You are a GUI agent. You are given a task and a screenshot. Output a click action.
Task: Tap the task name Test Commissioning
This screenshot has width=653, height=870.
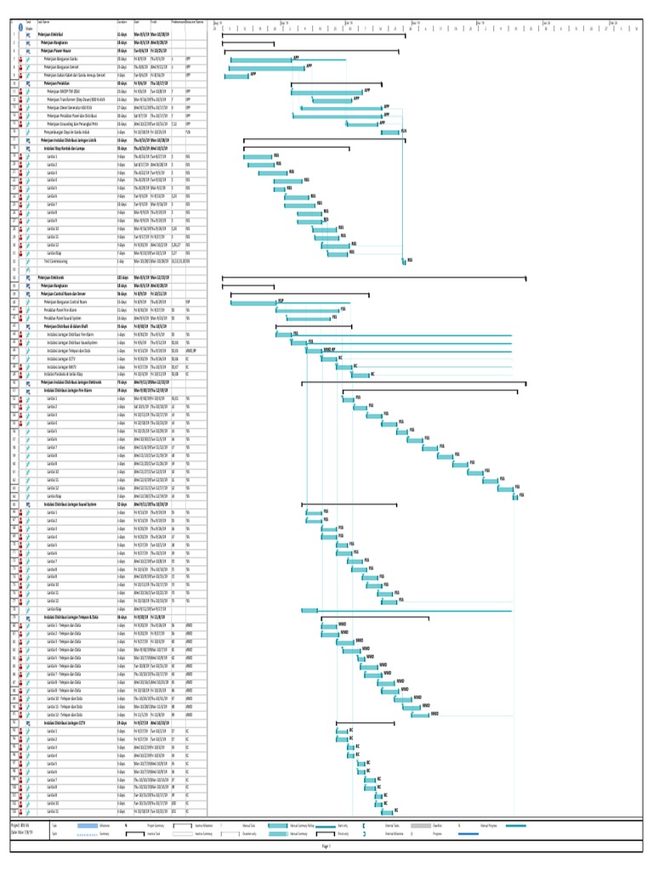pyautogui.click(x=60, y=261)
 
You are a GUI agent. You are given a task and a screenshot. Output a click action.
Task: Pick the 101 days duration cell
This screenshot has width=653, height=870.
pyautogui.click(x=122, y=277)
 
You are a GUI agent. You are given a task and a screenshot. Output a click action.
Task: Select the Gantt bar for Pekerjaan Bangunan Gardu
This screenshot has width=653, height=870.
pyautogui.click(x=261, y=59)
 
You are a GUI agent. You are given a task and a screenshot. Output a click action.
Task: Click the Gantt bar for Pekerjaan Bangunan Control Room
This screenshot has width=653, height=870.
pyautogui.click(x=253, y=302)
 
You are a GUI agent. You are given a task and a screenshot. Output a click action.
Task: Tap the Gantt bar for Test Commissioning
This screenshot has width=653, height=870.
pyautogui.click(x=405, y=261)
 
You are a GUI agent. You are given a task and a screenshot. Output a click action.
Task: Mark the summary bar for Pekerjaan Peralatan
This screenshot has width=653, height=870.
pyautogui.click(x=336, y=84)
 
